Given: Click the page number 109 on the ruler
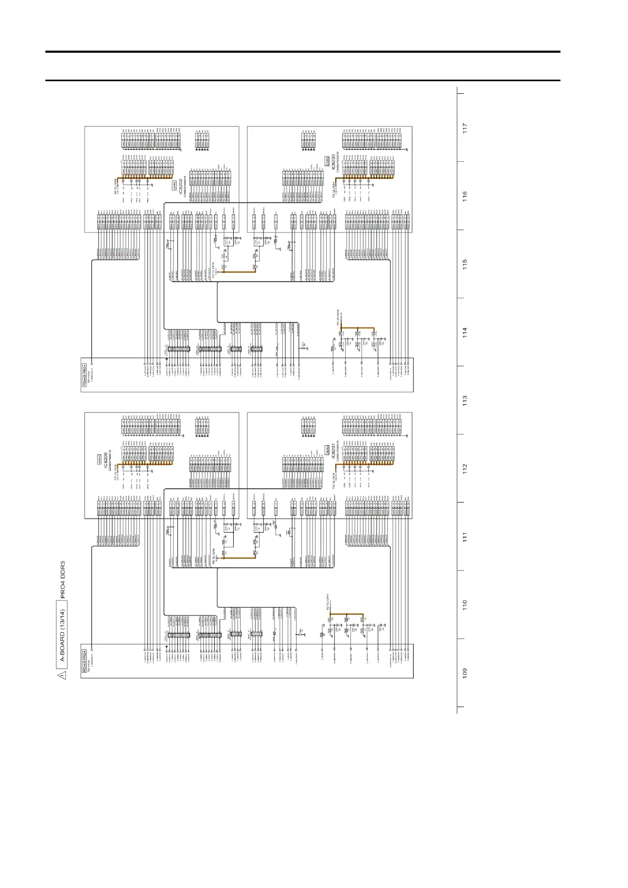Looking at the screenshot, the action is pos(464,673).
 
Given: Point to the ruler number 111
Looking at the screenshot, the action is pos(464,537).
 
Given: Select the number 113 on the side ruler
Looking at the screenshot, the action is pos(464,400).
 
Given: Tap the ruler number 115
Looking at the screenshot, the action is pos(464,264).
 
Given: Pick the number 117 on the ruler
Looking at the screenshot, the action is pos(464,128).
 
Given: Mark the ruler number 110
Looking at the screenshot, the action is pos(464,605).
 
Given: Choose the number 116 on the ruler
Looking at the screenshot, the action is pos(464,196).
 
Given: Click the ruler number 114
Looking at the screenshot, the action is pos(464,332).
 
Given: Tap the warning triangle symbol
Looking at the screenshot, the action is pos(62,674).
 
